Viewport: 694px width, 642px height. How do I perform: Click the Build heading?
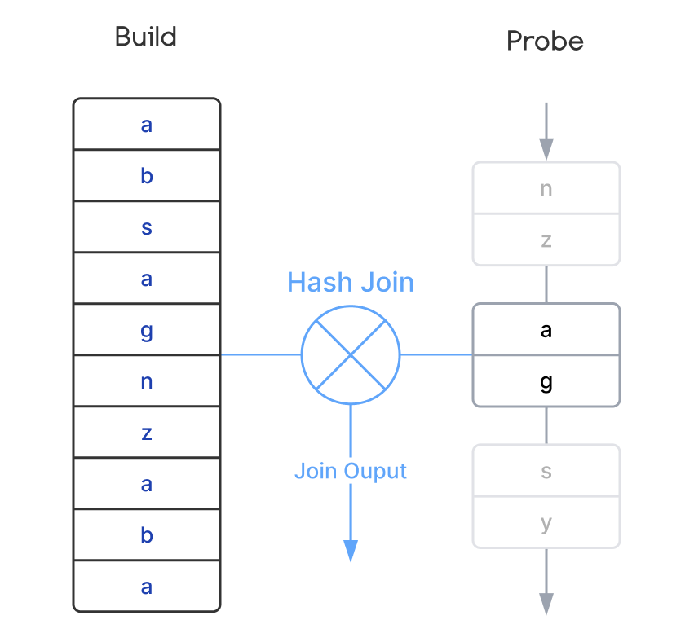[x=146, y=37]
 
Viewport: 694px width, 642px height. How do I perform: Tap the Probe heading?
[x=545, y=41]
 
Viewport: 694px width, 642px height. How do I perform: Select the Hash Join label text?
[x=351, y=283]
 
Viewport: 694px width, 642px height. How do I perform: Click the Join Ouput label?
[x=351, y=471]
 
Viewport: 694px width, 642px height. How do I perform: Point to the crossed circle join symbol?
[x=351, y=355]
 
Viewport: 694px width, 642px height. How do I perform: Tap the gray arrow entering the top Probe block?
[x=546, y=147]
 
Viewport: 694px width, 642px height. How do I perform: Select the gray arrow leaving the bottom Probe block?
[x=546, y=603]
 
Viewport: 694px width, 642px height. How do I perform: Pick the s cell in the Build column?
[x=147, y=227]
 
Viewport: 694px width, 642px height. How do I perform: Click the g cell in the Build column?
[x=147, y=330]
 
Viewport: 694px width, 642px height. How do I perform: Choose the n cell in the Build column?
[x=147, y=381]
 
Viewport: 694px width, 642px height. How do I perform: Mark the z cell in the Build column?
[x=147, y=433]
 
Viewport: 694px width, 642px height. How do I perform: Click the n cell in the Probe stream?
[x=546, y=188]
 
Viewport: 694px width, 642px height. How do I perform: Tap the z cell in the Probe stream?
[x=546, y=240]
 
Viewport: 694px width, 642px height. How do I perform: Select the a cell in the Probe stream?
[x=546, y=329]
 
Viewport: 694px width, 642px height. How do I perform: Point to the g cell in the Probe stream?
[x=546, y=381]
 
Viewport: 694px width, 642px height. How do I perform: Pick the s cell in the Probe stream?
[x=546, y=470]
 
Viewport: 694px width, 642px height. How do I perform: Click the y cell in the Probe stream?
[x=546, y=522]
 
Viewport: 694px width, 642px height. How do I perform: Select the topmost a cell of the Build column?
[x=147, y=125]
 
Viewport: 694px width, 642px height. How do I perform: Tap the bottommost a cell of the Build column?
[x=147, y=586]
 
